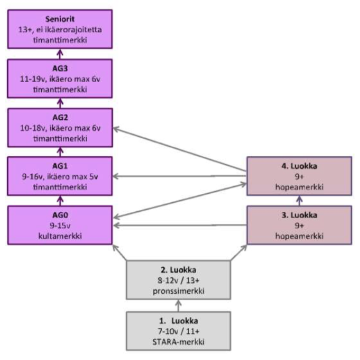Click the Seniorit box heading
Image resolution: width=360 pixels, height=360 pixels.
[60, 19]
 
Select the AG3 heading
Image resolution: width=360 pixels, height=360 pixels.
[60, 68]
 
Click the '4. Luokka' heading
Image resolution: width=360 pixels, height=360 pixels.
[299, 167]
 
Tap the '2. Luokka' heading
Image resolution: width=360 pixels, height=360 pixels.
[178, 270]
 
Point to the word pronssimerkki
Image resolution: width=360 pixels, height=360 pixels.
[178, 290]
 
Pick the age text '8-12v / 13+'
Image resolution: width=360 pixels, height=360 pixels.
[178, 280]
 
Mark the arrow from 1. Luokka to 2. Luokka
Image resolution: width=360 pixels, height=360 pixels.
[178, 305]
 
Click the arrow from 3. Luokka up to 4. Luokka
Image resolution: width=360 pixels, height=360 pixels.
[299, 200]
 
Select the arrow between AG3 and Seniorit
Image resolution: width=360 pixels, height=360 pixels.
[60, 53]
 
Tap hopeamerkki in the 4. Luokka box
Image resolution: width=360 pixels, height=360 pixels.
[299, 187]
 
